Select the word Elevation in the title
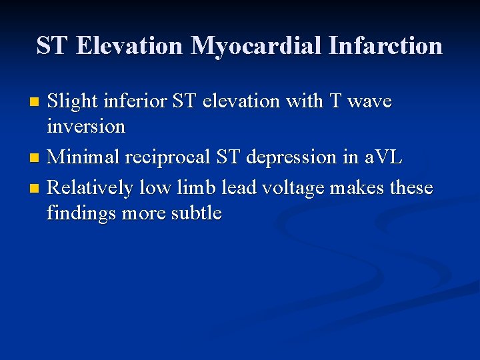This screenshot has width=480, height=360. [130, 45]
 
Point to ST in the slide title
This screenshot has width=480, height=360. [52, 45]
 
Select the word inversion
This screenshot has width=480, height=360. [86, 126]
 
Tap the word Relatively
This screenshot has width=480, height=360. [90, 188]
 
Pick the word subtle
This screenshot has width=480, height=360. [197, 213]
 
